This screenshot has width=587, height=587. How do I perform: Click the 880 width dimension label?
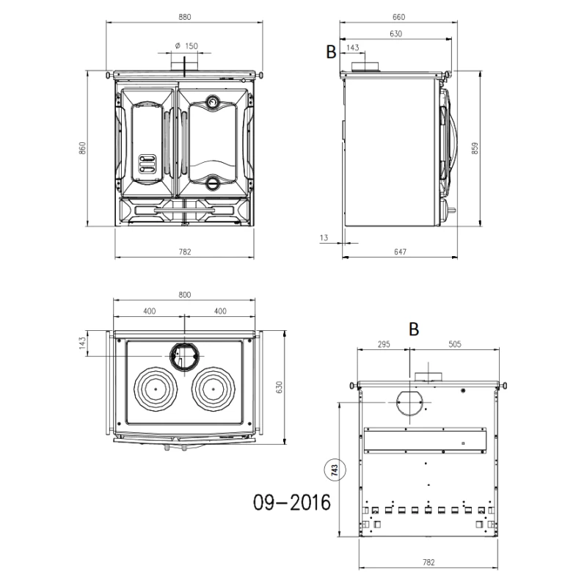point(185,17)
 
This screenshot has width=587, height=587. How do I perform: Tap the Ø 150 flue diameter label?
point(186,46)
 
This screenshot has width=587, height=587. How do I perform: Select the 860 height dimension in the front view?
point(82,148)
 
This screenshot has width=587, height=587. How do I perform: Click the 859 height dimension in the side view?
point(475,148)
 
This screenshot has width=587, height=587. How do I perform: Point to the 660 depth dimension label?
point(398,17)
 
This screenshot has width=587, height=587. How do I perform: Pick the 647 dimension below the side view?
point(400,252)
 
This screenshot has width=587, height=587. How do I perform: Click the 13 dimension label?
point(324,238)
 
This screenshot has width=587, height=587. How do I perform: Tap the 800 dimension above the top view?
point(185,295)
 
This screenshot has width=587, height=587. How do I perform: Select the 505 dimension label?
point(455,344)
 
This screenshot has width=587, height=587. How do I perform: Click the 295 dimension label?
point(384,344)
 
